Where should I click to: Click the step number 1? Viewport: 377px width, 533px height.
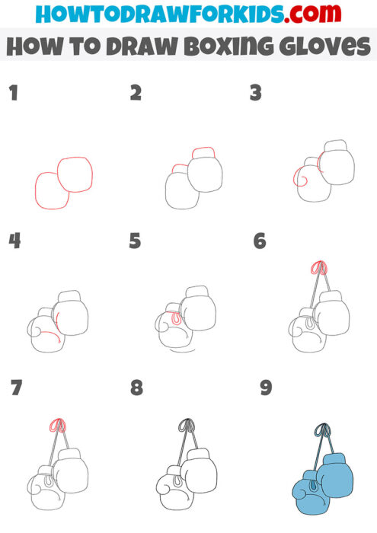click(13, 94)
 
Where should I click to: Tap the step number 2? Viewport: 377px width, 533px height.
click(136, 94)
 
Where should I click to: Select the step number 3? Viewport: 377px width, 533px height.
click(256, 94)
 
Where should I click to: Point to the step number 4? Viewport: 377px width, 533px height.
click(14, 241)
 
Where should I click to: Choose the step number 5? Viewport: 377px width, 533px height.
click(136, 241)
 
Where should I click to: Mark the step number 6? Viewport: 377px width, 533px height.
click(260, 241)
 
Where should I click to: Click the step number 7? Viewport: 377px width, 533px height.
click(17, 388)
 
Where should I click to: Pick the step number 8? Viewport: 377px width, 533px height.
click(136, 388)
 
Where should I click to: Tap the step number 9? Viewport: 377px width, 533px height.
click(265, 388)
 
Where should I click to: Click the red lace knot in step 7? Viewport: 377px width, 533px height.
click(55, 425)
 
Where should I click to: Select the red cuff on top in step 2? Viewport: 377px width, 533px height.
click(203, 152)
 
